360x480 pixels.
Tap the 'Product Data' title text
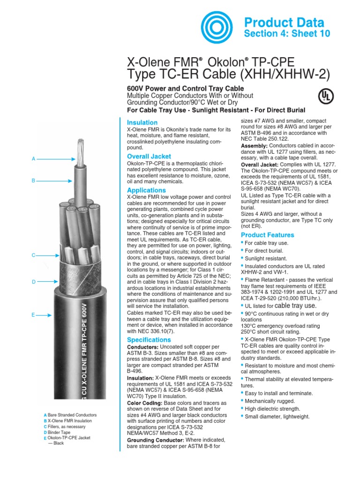coord(284,22)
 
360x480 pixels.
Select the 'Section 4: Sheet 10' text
coord(287,33)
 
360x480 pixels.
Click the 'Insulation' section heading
coord(142,122)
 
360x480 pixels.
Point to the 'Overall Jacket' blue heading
coord(149,156)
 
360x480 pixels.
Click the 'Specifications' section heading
coord(149,339)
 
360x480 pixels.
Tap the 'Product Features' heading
coord(267,235)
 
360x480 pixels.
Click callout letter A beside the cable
coord(33,159)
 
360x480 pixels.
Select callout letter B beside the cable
coord(33,180)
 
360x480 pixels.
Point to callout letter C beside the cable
coord(33,255)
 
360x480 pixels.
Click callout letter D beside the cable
coord(33,282)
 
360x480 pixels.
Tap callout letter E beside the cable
coord(33,315)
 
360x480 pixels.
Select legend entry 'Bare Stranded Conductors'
coord(72,415)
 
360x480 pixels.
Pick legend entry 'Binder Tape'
coord(59,432)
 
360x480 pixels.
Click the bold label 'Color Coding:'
coord(144,403)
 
